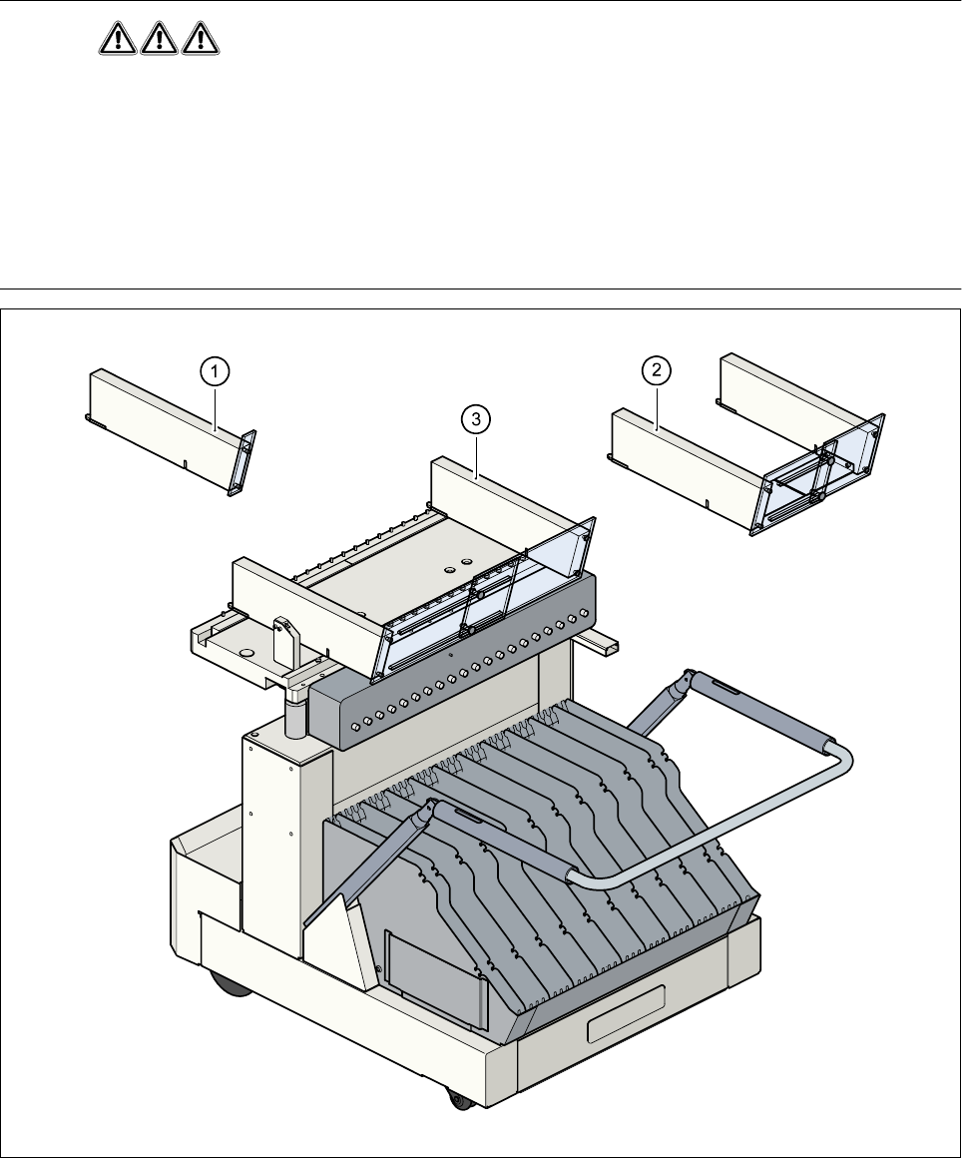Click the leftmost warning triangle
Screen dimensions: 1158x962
(x=119, y=39)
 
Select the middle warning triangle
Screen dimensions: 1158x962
(x=159, y=39)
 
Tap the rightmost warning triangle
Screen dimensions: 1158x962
(x=199, y=39)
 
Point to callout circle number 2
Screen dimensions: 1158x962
(x=656, y=371)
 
